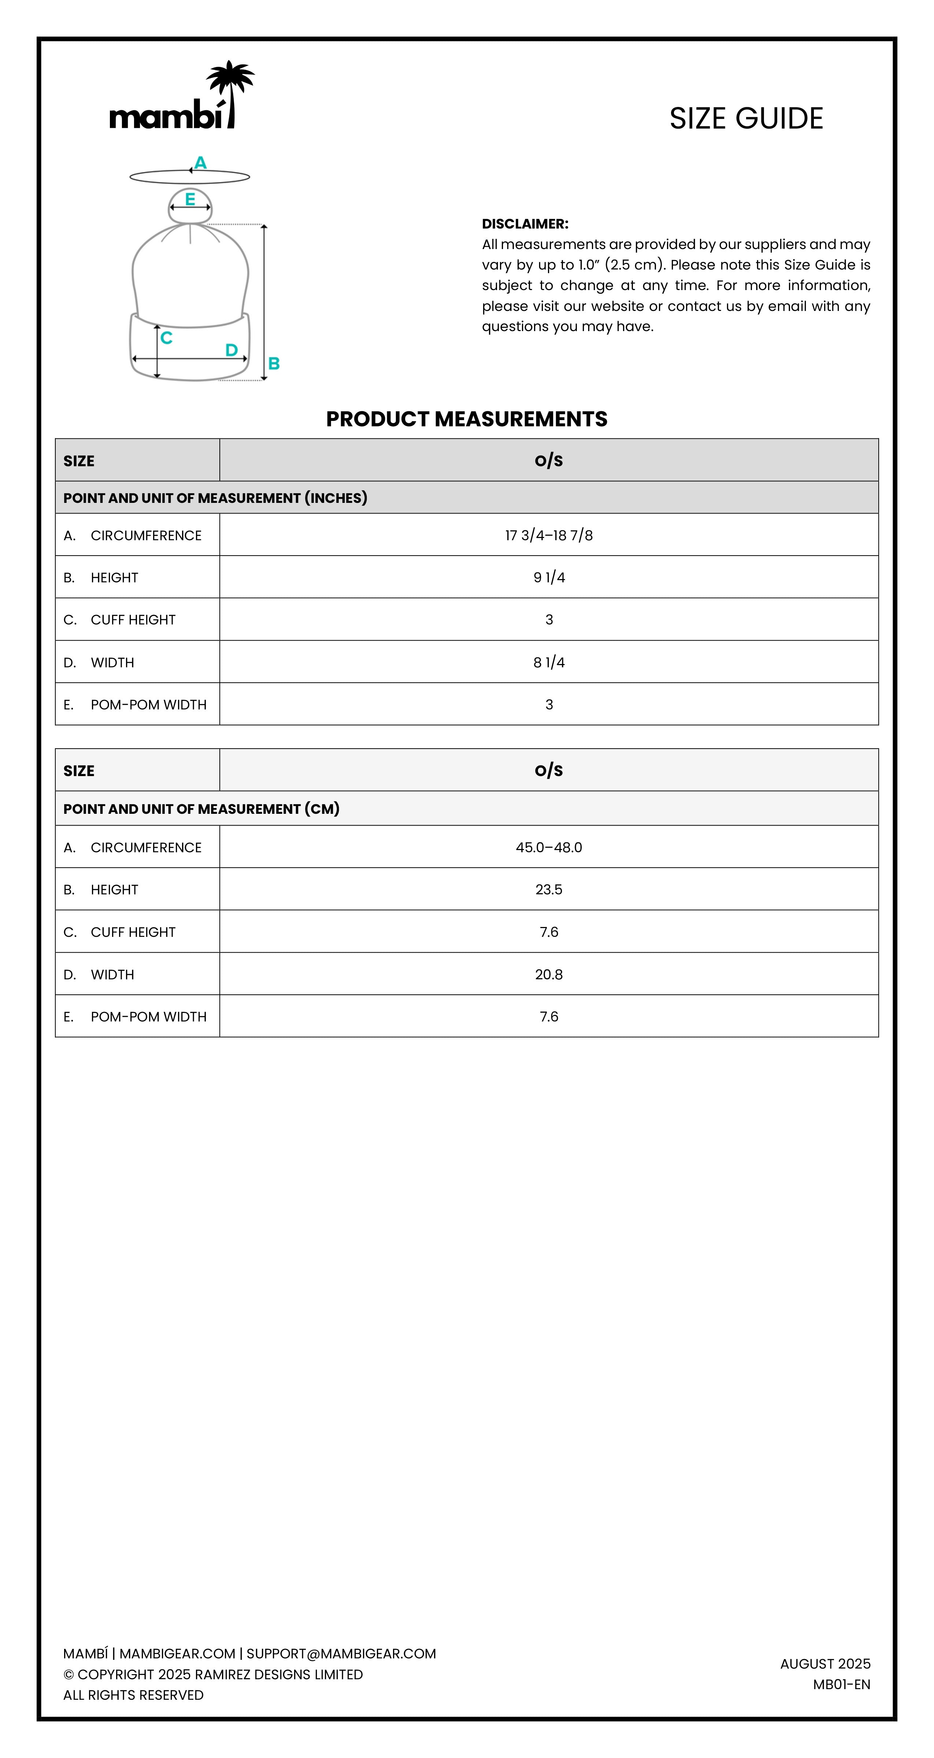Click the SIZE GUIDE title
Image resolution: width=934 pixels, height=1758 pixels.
[x=746, y=119]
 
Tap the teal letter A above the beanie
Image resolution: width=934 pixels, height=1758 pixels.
[x=200, y=162]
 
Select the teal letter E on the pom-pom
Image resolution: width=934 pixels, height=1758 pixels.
[x=190, y=199]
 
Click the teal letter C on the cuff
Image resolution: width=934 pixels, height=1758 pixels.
[x=167, y=338]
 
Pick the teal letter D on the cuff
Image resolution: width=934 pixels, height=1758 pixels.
[x=231, y=350]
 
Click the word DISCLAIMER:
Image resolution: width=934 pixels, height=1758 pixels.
[x=525, y=224]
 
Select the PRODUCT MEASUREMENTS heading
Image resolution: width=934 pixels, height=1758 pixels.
[x=466, y=419]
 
